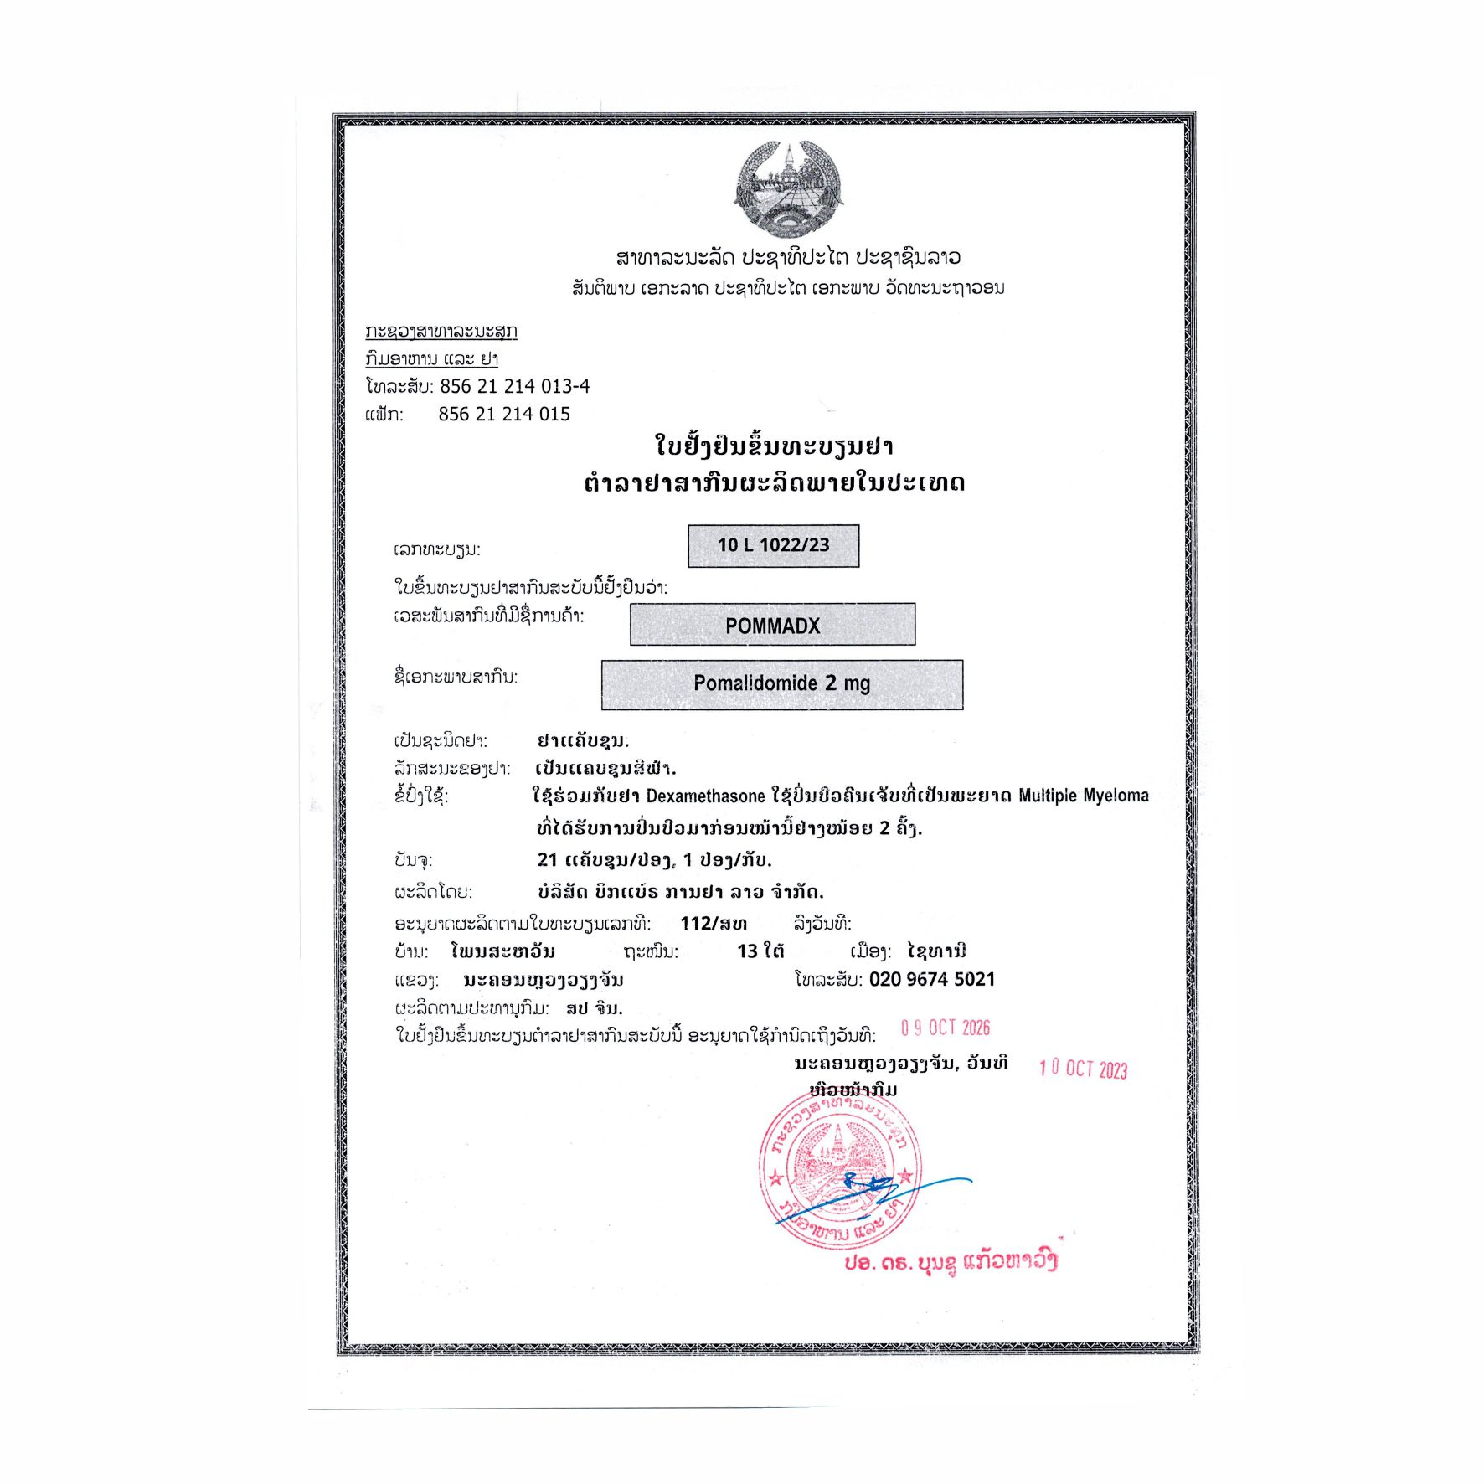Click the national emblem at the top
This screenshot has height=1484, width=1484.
[x=788, y=189]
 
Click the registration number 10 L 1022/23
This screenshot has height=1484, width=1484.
[x=773, y=545]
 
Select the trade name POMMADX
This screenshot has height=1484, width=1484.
[x=772, y=625]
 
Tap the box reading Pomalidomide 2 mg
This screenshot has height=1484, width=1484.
[x=781, y=683]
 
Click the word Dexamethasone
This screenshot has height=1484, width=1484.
[x=705, y=796]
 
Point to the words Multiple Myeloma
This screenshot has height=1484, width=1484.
[x=1083, y=796]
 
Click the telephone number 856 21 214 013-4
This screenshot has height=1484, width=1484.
[x=514, y=386]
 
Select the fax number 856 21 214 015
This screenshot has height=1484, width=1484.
[x=504, y=414]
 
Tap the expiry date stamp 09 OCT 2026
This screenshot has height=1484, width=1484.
[x=946, y=1028]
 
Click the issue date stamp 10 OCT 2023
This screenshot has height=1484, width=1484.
[x=1083, y=1069]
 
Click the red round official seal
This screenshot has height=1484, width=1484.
[x=840, y=1170]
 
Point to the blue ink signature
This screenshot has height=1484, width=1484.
[x=871, y=1193]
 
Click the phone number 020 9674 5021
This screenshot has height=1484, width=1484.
[x=931, y=979]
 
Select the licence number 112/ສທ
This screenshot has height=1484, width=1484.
[x=714, y=924]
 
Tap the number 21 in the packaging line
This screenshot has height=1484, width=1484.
[x=548, y=859]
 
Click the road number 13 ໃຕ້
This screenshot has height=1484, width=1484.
[x=760, y=951]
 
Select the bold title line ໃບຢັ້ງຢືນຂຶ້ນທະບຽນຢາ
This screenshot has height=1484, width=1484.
[x=774, y=446]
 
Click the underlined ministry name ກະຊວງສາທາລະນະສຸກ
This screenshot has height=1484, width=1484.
[x=441, y=332]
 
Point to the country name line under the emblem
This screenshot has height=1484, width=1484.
[x=788, y=257]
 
